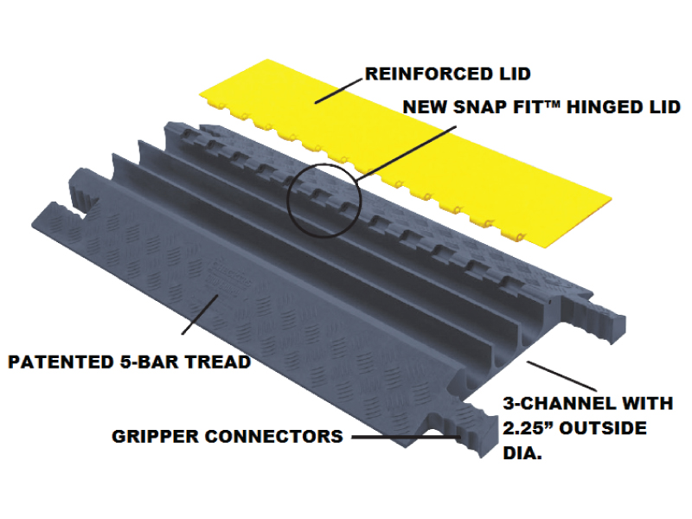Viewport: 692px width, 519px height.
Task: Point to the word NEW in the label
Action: click(x=426, y=107)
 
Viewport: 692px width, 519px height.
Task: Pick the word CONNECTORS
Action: click(x=277, y=436)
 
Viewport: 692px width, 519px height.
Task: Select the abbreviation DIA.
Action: click(x=522, y=452)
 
